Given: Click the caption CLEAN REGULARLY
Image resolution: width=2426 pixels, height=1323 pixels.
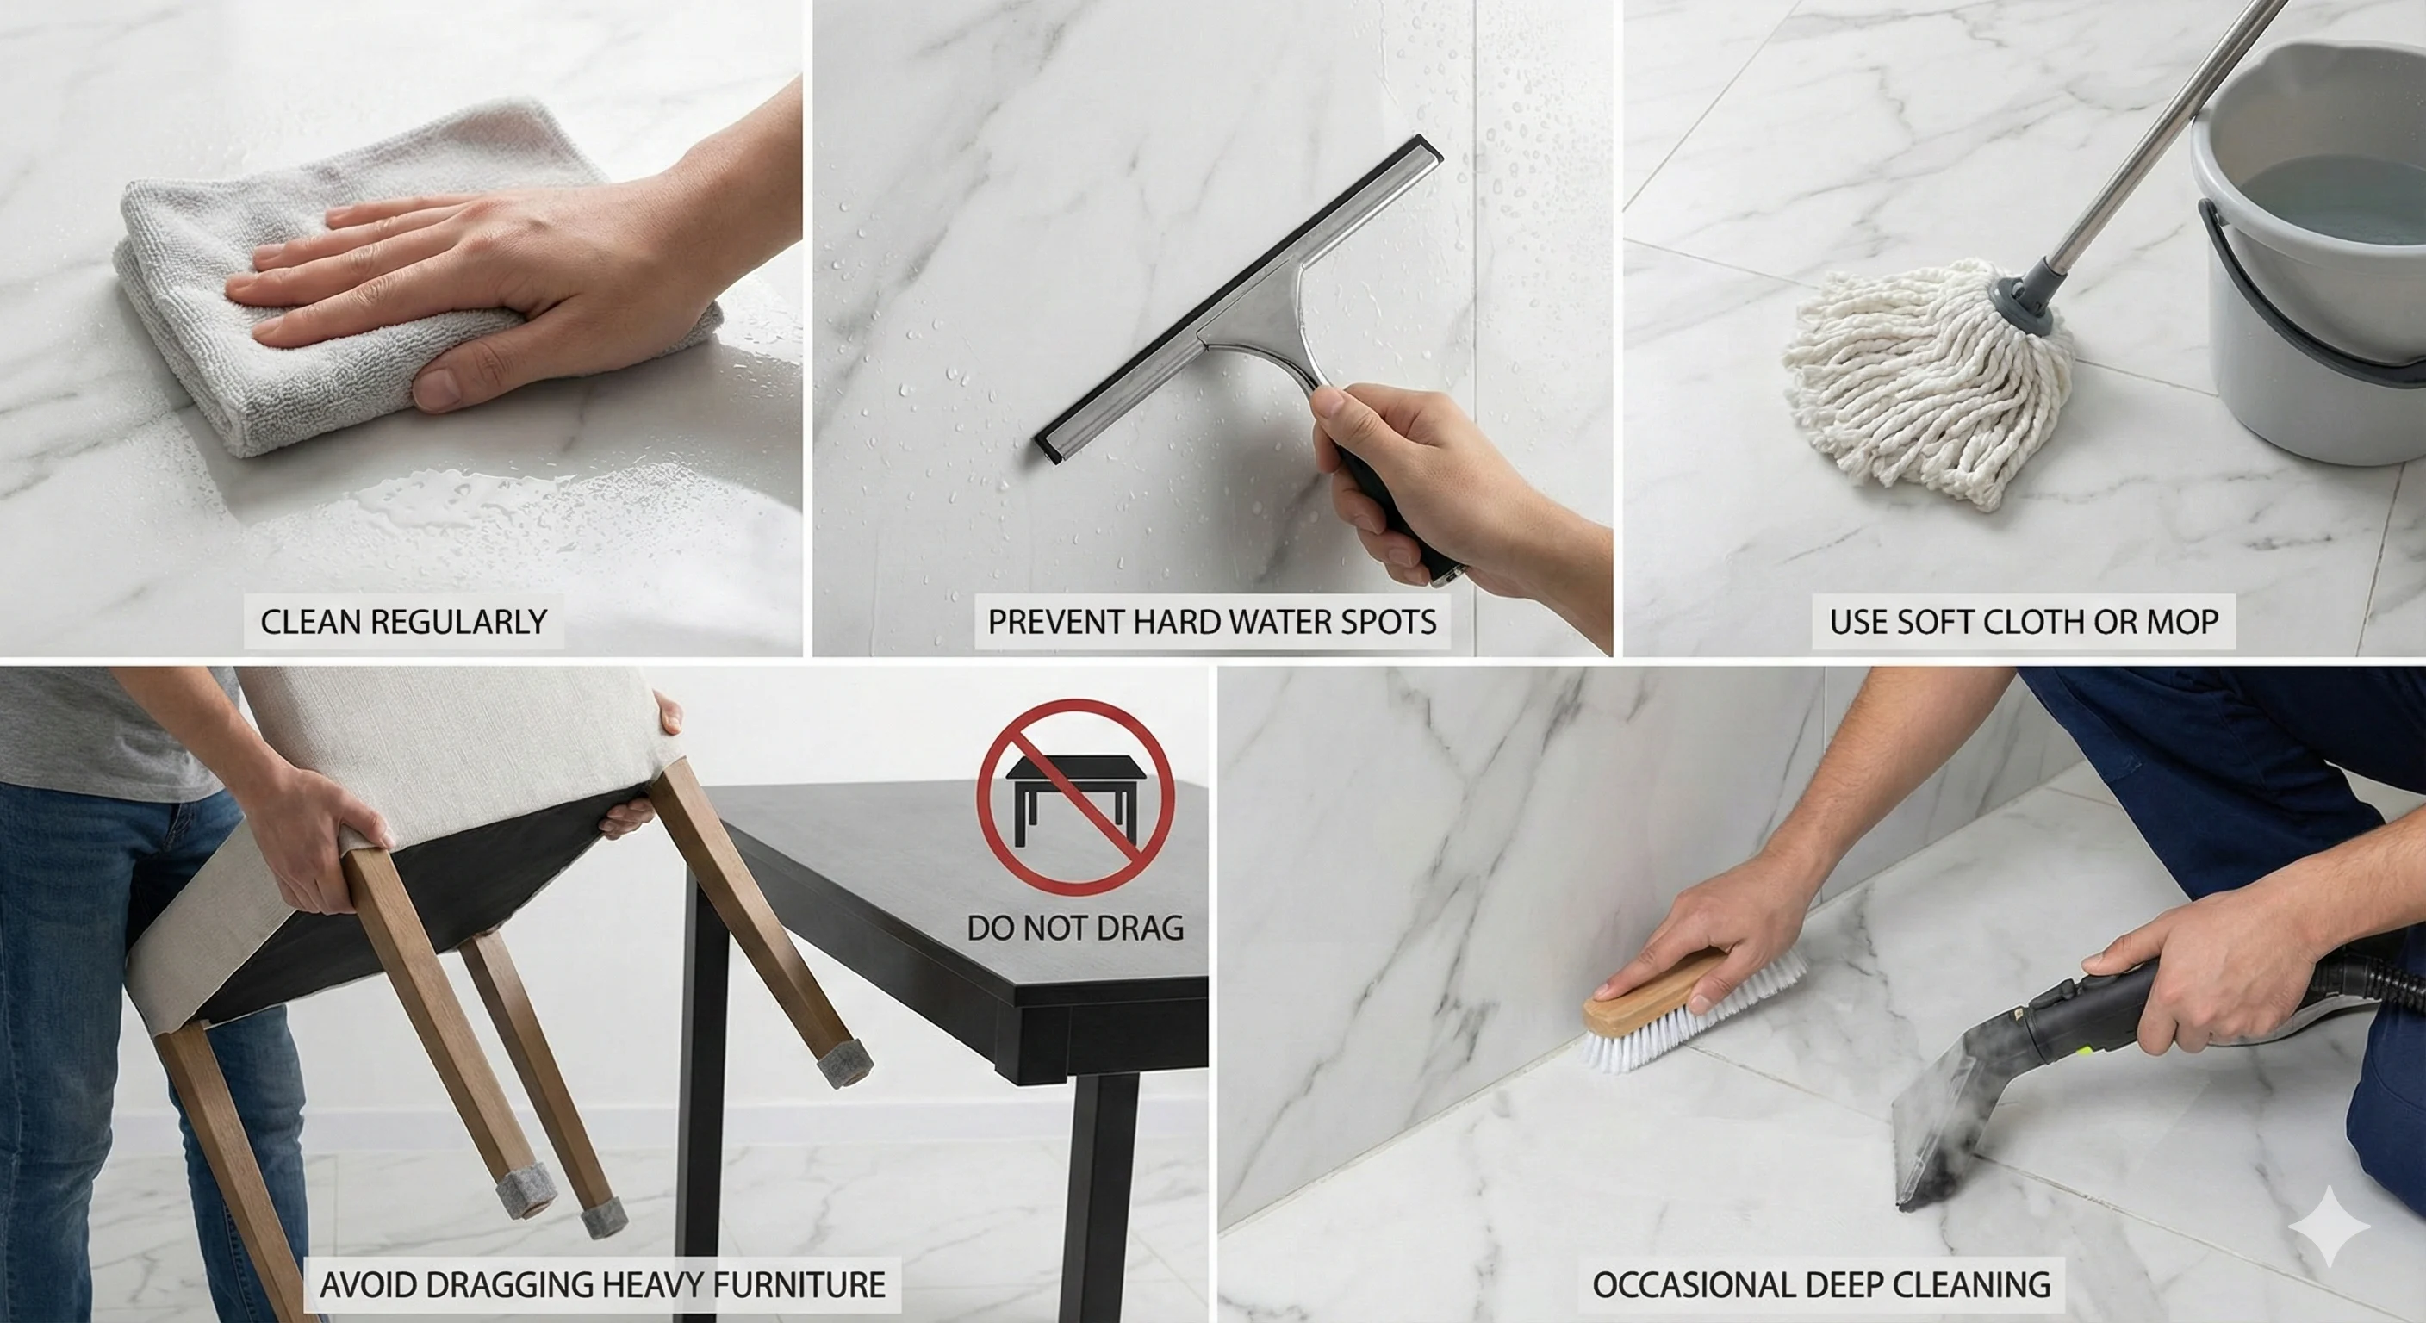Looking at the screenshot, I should tap(403, 623).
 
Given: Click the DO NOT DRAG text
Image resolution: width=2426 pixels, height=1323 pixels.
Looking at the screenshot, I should tap(1074, 929).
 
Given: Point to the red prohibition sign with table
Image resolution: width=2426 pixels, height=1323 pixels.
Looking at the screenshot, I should tap(1075, 797).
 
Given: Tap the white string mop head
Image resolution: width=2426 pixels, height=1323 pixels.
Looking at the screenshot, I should tap(1921, 386).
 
